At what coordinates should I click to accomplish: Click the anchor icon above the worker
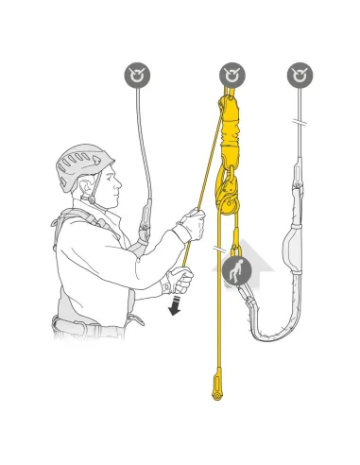tap(139, 75)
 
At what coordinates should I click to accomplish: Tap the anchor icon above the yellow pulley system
tap(232, 75)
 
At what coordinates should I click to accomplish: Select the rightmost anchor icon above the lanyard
tap(300, 75)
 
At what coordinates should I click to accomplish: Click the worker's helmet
tap(82, 165)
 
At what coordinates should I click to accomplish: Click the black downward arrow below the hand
tap(174, 305)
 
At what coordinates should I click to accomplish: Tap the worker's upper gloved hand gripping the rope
tap(192, 228)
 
